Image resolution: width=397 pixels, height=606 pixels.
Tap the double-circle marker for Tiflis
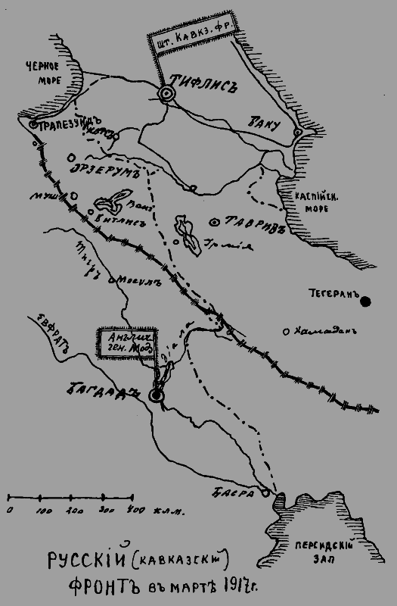point(166,93)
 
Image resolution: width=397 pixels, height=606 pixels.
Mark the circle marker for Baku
point(298,133)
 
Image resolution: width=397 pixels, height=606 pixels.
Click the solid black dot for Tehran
point(366,301)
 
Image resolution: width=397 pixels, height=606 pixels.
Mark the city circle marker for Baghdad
point(157,395)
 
